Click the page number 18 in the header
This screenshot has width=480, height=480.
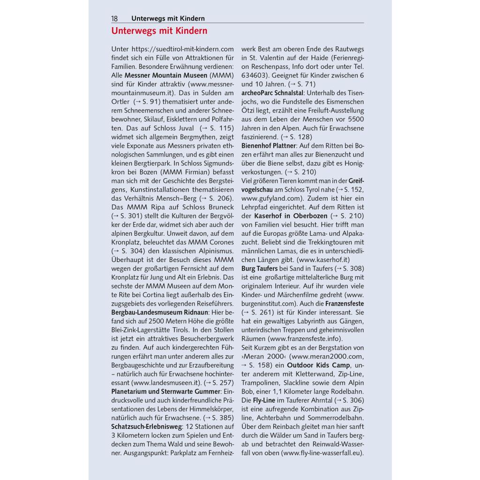[x=114, y=19]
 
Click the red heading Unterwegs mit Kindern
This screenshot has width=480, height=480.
[x=159, y=31]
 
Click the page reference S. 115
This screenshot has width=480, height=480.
[x=220, y=127]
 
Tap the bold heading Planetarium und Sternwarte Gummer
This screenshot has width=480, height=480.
[x=166, y=391]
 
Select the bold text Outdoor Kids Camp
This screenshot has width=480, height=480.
[x=318, y=365]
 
